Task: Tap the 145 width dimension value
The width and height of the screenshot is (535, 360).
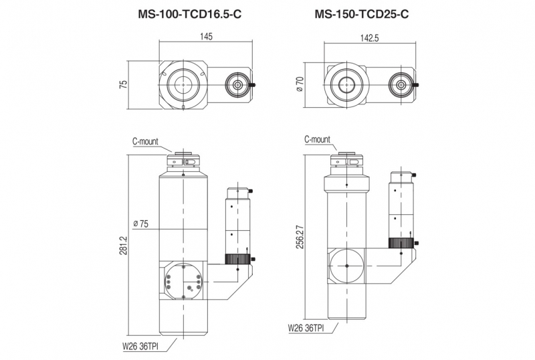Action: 206,37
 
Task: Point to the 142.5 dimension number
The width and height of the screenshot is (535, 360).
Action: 368,38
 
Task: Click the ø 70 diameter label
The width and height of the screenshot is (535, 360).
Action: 300,85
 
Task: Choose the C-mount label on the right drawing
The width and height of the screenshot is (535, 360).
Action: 317,140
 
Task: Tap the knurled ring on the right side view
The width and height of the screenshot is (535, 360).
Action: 402,242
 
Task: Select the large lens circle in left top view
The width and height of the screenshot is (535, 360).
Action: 183,85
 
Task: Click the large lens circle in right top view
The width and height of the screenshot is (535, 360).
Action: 346,85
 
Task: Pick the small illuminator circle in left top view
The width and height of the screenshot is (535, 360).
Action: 237,85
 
